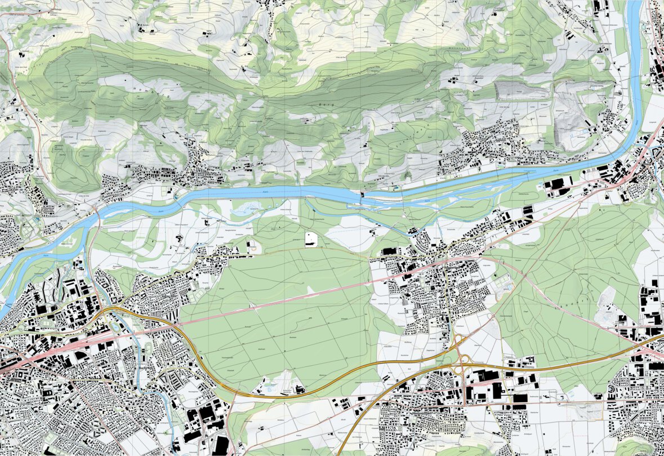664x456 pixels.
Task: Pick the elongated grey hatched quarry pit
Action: click(x=520, y=90)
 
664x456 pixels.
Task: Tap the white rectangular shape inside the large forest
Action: click(x=310, y=240)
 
